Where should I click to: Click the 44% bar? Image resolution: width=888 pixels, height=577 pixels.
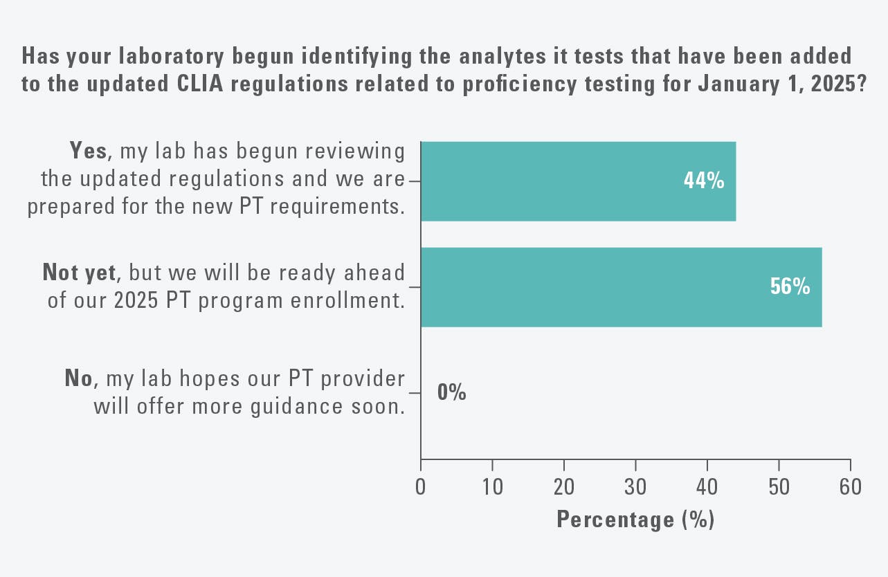pos(578,181)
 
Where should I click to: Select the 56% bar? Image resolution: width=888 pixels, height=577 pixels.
pos(621,287)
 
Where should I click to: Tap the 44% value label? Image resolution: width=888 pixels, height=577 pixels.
pos(704,181)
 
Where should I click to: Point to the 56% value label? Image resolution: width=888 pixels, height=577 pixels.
pos(790,287)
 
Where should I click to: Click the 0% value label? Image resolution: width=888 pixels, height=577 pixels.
pos(451,393)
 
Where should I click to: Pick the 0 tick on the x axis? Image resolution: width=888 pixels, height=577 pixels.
pos(421,487)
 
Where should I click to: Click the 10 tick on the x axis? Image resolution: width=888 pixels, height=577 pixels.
pos(492,487)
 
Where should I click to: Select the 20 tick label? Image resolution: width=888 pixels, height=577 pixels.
pos(564,487)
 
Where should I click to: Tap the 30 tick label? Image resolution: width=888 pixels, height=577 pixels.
pos(635,487)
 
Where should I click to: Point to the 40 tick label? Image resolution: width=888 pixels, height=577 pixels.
pos(707,487)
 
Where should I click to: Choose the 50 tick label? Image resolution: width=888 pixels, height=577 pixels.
pos(779,487)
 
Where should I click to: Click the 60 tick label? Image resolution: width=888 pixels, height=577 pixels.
pos(850,487)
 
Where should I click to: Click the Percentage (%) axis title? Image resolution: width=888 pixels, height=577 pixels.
pos(635,519)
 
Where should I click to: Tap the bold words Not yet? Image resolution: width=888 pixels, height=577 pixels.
pos(78,273)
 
